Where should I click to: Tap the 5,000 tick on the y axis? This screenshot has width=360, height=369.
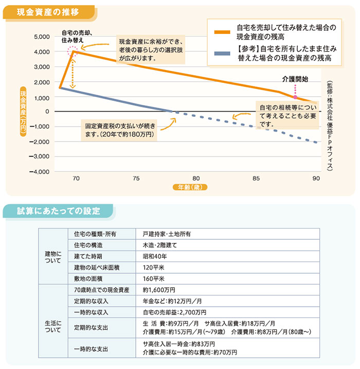pyautogui.click(x=41, y=37)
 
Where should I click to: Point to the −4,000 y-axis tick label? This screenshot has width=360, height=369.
pyautogui.click(x=40, y=171)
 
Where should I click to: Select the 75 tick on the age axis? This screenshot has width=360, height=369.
pyautogui.click(x=136, y=178)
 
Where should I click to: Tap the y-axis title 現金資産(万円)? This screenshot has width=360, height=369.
pyautogui.click(x=23, y=112)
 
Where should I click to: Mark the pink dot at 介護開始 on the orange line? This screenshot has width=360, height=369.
pyautogui.click(x=295, y=97)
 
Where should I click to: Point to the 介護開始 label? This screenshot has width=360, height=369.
pyautogui.click(x=295, y=79)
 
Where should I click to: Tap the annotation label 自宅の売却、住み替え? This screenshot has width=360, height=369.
pyautogui.click(x=73, y=36)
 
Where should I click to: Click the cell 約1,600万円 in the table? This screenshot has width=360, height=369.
pyautogui.click(x=159, y=290)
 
